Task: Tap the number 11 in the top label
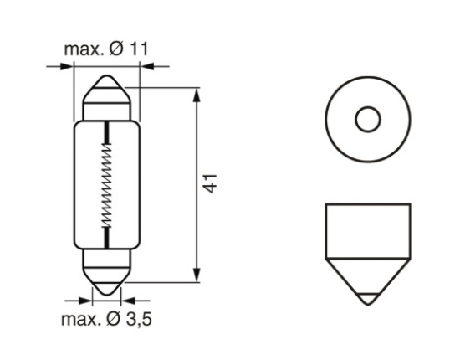[x=138, y=49]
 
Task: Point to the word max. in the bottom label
[x=81, y=319]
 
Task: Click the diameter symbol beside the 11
[x=115, y=49]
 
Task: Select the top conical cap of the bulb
[x=106, y=95]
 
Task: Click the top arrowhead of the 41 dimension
[x=197, y=92]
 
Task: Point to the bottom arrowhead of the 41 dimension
[x=197, y=276]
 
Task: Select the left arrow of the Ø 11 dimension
[x=67, y=66]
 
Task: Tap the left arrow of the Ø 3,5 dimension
[x=84, y=297]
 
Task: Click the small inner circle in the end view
[x=366, y=120]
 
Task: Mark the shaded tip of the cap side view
[x=366, y=296]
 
